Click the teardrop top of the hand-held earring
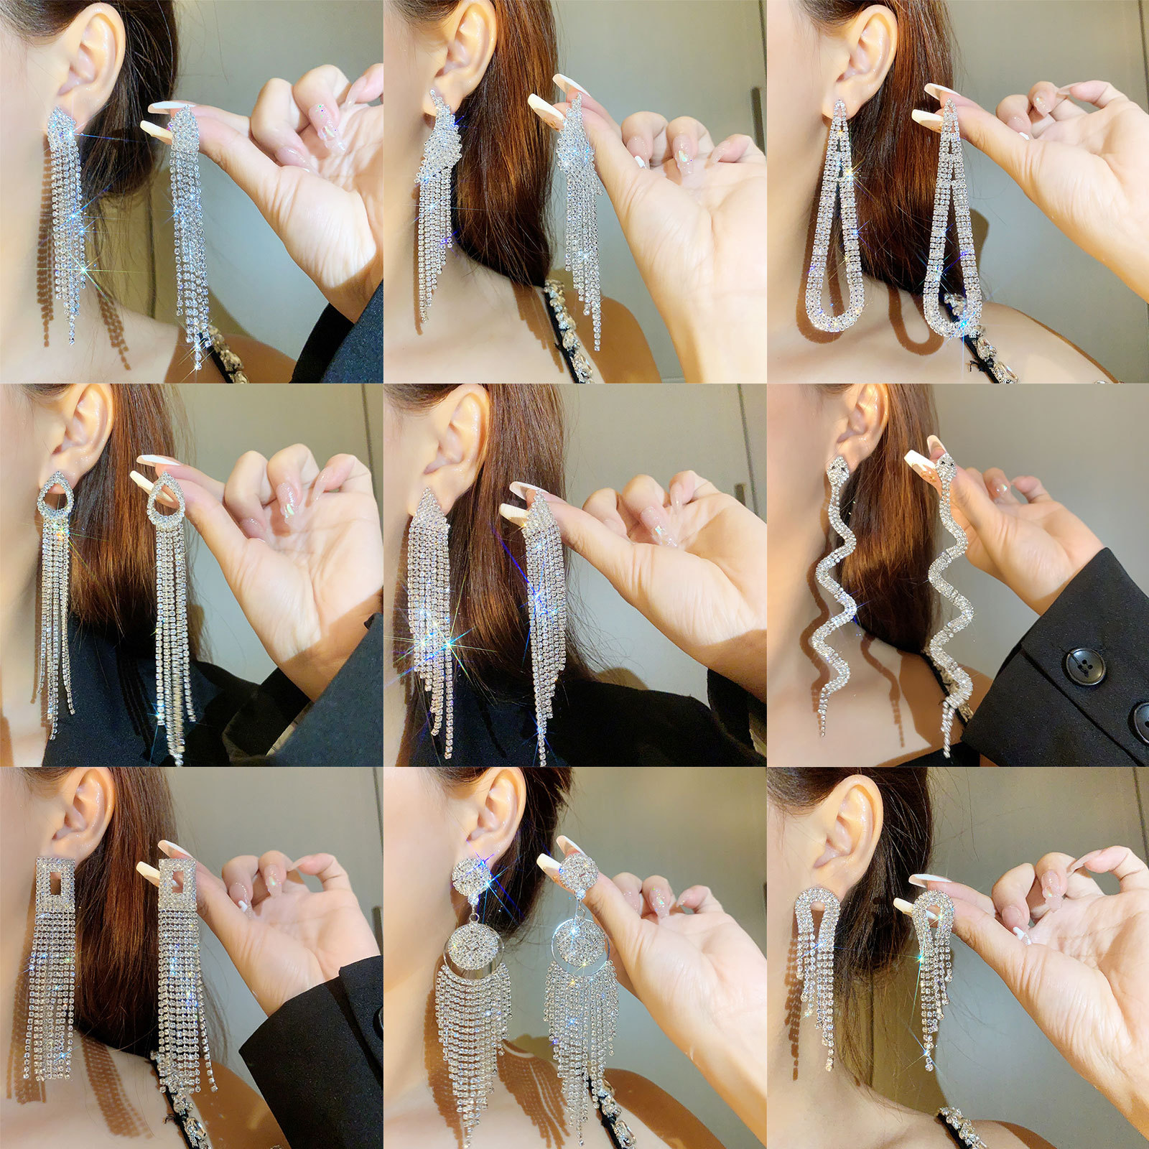(x=166, y=496)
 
